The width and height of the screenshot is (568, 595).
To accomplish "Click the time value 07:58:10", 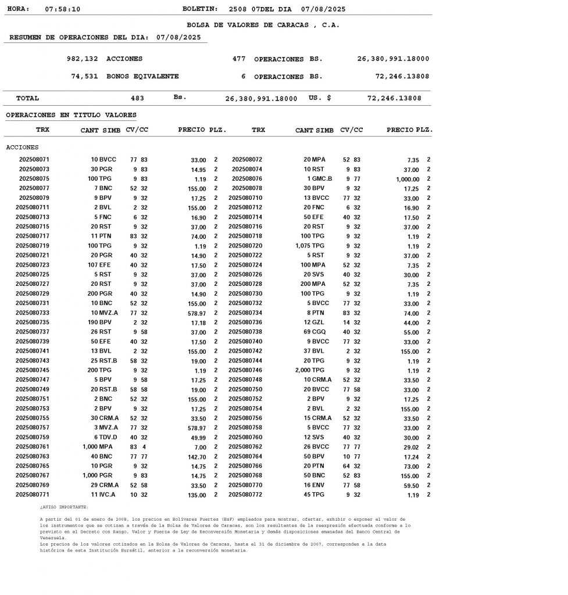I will coord(63,9).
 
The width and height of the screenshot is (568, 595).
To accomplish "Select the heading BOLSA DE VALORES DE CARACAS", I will coord(263,25).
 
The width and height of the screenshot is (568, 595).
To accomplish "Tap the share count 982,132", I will coord(83,59).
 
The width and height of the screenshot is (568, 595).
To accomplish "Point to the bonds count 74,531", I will coord(85,76).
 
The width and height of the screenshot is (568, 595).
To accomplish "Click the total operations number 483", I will coord(137,98).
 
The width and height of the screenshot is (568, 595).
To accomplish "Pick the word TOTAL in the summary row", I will coord(27,98).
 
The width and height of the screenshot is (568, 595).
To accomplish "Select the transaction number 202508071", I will coord(34,159).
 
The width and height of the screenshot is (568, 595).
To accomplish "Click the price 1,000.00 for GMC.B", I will coord(408,179).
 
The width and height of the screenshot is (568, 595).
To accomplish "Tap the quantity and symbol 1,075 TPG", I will coord(310,246).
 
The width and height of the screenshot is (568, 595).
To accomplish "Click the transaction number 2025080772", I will coord(245,494).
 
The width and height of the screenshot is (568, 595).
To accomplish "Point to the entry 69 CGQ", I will coord(317,332).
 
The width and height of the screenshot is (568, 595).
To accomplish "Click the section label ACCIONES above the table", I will coord(22,148).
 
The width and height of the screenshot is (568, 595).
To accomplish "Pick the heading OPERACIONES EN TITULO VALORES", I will coord(71,115).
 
